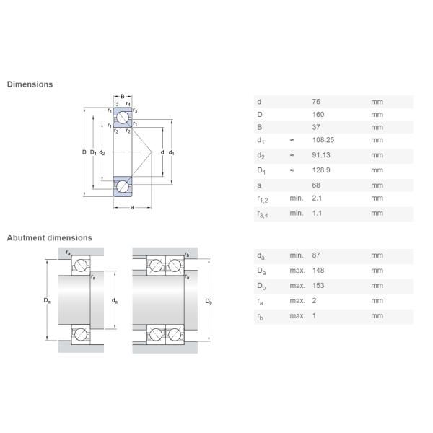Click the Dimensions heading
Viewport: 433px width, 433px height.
(30, 84)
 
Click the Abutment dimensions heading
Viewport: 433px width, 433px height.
(50, 237)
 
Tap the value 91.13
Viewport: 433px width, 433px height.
(321, 155)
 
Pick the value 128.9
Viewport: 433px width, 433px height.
(321, 170)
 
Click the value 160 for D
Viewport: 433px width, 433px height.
(318, 114)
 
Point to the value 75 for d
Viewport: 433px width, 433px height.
(315, 102)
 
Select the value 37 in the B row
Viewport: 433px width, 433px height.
(315, 127)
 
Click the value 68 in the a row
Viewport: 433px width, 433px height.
(315, 185)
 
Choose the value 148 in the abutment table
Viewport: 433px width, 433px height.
(318, 270)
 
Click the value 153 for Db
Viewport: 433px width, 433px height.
(318, 285)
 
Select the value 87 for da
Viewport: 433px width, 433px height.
(316, 255)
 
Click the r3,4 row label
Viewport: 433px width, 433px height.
(263, 214)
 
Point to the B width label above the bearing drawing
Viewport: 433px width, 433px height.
(123, 96)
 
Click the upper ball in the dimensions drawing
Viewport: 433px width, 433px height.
(123, 117)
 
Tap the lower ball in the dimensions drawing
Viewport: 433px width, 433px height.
(123, 186)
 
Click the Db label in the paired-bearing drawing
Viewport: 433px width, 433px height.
(209, 300)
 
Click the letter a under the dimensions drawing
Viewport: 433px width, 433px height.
(132, 208)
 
